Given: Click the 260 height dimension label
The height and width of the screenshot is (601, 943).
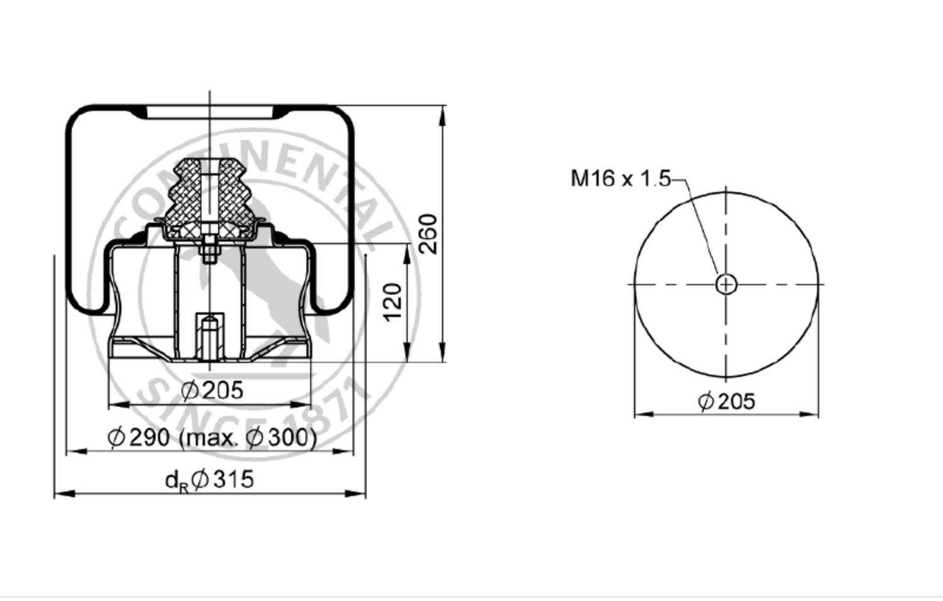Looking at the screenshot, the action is coord(429,234).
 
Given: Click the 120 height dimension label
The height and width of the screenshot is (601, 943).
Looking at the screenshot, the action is coord(393,302).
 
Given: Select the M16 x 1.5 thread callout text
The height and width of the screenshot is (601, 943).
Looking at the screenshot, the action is coord(620,178).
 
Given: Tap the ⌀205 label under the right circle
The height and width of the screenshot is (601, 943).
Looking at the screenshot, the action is coord(727,400).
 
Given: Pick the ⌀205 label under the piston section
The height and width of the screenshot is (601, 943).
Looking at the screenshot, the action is coord(212,390).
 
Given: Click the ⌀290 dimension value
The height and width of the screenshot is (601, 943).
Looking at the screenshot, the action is coord(139,437).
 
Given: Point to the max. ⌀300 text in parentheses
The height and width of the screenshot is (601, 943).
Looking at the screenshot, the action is coord(248,438).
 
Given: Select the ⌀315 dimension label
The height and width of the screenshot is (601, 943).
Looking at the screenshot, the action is coord(223,479).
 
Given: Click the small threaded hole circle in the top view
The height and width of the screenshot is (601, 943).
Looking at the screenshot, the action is coord(726,285).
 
